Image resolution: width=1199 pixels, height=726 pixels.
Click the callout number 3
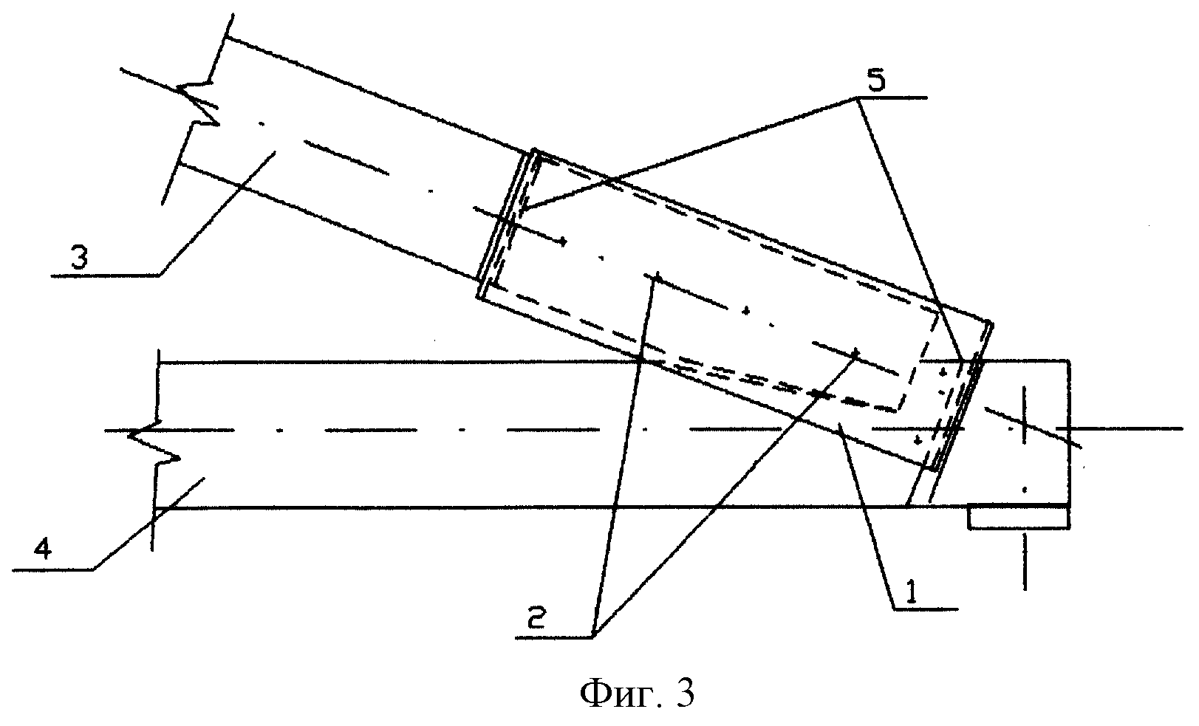point(79,257)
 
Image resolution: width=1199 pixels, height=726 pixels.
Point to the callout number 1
point(910,593)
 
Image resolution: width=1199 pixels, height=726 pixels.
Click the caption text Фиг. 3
point(637,694)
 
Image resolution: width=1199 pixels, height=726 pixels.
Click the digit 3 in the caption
point(685,694)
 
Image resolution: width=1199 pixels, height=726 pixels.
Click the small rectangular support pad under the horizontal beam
point(1019,517)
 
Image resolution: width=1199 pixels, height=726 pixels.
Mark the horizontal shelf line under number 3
point(105,275)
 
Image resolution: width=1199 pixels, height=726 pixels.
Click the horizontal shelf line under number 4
point(52,571)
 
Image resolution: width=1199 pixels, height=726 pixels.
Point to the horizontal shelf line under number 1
point(925,609)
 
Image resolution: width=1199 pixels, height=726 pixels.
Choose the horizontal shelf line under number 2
point(555,637)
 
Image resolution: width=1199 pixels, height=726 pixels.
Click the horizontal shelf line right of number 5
point(891,97)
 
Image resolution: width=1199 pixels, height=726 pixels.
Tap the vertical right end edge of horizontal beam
point(1070,434)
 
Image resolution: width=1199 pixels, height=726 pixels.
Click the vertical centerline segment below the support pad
point(1025,562)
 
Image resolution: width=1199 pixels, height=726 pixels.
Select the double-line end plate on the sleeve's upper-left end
point(506,224)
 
